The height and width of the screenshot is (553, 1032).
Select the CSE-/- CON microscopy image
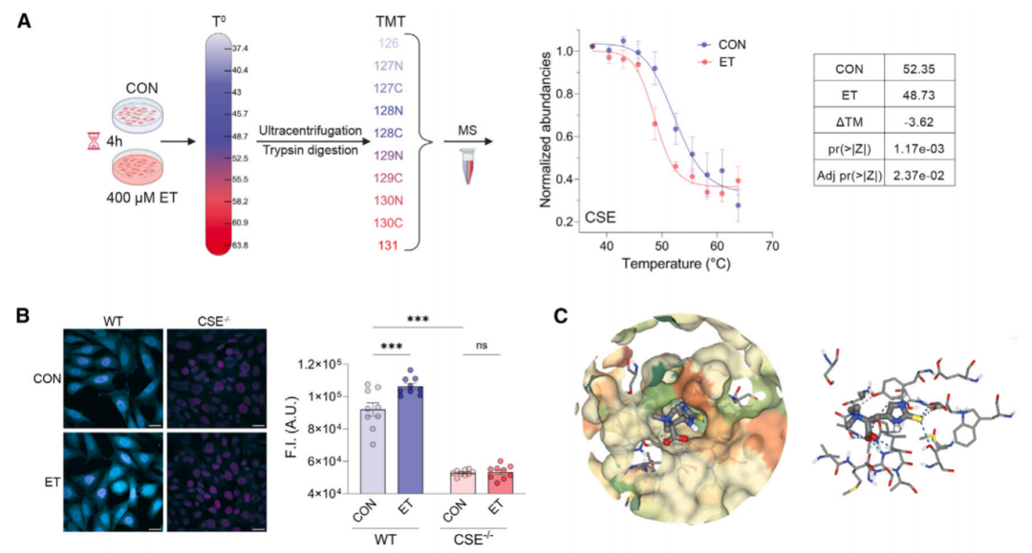point(217,379)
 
